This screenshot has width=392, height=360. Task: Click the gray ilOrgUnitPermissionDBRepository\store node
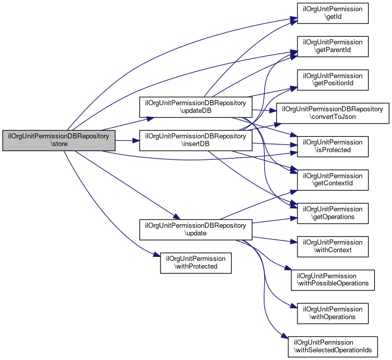click(x=59, y=140)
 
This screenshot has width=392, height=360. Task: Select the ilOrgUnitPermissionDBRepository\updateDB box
click(x=196, y=106)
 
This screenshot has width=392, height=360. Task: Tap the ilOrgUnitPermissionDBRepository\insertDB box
click(x=196, y=140)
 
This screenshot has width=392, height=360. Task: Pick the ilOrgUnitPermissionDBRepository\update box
click(x=196, y=229)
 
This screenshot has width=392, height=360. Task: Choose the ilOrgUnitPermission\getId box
click(x=333, y=12)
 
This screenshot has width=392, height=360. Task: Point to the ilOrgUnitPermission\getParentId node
click(x=333, y=46)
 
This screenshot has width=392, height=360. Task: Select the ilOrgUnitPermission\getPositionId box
click(x=333, y=80)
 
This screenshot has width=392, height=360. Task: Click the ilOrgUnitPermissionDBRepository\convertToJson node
click(x=333, y=113)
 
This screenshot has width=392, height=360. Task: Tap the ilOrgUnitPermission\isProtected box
click(x=333, y=146)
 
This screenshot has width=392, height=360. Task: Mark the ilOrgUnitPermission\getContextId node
click(x=333, y=179)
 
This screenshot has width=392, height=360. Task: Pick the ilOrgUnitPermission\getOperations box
click(x=333, y=212)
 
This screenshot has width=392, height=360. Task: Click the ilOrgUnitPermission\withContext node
click(x=333, y=246)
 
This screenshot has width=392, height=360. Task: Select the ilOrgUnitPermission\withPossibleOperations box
click(x=333, y=279)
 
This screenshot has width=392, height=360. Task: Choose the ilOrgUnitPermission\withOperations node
click(x=333, y=313)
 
